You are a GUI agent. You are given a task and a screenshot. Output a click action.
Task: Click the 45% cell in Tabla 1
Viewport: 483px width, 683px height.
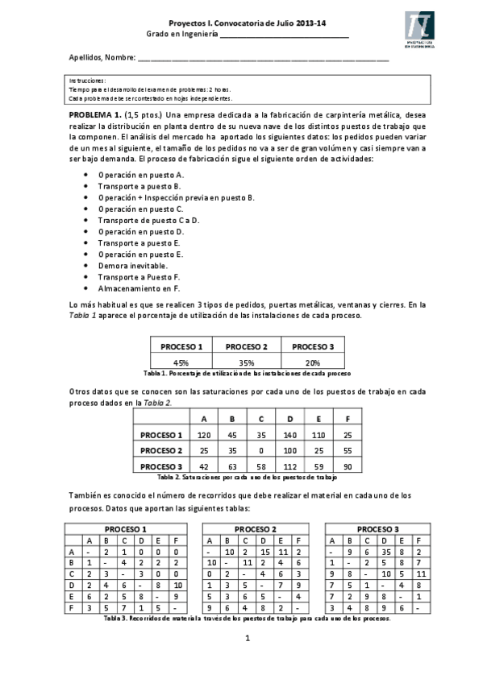[x=181, y=363]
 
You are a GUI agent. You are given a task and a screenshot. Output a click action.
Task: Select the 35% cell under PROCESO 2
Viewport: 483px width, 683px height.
[x=247, y=363]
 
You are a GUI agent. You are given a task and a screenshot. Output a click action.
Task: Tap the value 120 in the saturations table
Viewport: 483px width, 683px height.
[x=204, y=433]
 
